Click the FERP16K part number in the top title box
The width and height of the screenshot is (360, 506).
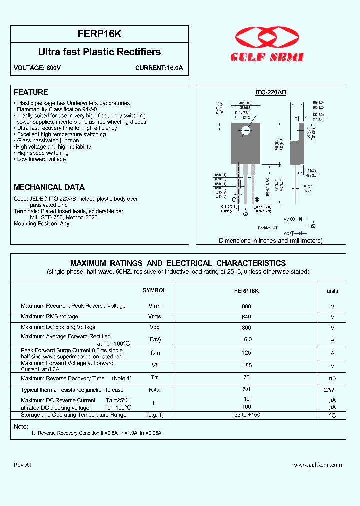click(100, 34)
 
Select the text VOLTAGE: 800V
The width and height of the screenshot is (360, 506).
click(37, 68)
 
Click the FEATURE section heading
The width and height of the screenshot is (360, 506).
click(31, 92)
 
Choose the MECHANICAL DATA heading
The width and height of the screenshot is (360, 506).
click(49, 187)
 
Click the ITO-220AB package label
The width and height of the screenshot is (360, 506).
click(270, 92)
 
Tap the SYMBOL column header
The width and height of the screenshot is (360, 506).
click(154, 290)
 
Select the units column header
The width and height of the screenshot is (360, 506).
click(332, 291)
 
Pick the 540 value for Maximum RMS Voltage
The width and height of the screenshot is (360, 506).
click(246, 316)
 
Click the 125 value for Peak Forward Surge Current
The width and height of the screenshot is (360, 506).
click(246, 353)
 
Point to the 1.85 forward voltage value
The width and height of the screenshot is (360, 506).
click(246, 365)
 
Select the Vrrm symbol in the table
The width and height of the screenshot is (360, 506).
click(154, 306)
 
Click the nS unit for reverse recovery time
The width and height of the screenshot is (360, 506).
click(332, 378)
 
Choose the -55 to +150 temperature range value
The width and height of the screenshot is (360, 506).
click(246, 415)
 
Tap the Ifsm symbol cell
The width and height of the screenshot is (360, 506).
click(154, 353)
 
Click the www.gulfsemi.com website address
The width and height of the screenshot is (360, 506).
click(318, 465)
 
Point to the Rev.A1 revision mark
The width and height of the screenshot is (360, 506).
click(23, 465)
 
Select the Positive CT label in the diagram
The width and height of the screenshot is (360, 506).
click(267, 228)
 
